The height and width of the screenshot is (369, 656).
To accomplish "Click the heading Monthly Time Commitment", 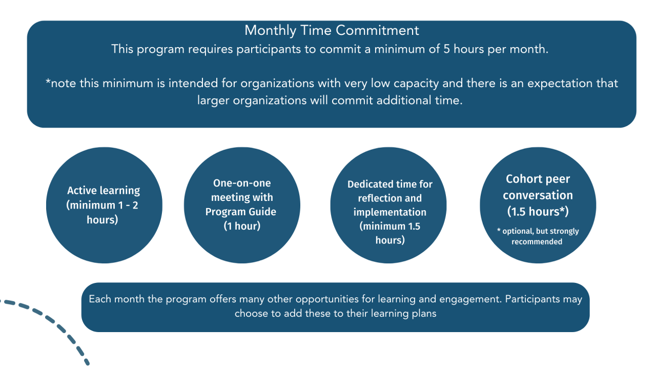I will tap(332, 30).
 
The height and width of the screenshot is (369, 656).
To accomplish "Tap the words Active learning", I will tap(104, 191).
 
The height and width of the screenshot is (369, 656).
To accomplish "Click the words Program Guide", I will tap(241, 212).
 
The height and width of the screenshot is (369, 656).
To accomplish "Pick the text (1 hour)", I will tap(242, 226).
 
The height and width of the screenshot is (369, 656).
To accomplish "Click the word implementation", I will tap(389, 212).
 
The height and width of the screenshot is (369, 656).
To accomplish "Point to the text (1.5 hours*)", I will tap(538, 211).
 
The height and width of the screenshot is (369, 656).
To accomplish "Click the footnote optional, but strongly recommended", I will tap(538, 236).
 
